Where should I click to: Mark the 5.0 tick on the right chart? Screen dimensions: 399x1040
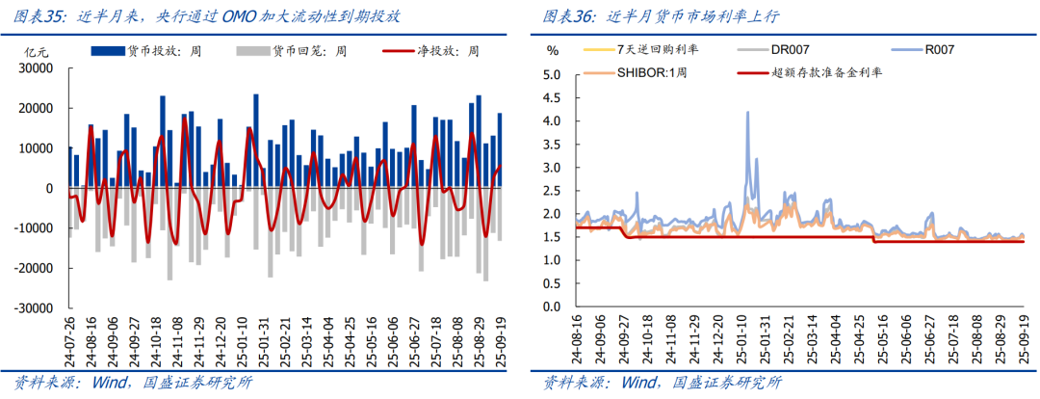click(x=551, y=75)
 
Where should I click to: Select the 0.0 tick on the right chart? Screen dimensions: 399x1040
click(x=551, y=306)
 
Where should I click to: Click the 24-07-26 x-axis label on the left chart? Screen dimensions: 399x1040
click(x=69, y=338)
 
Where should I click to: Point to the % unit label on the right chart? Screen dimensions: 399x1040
click(x=552, y=49)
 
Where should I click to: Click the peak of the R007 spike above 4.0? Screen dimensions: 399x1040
click(x=748, y=112)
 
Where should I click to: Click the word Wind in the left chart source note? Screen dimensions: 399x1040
click(x=105, y=383)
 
